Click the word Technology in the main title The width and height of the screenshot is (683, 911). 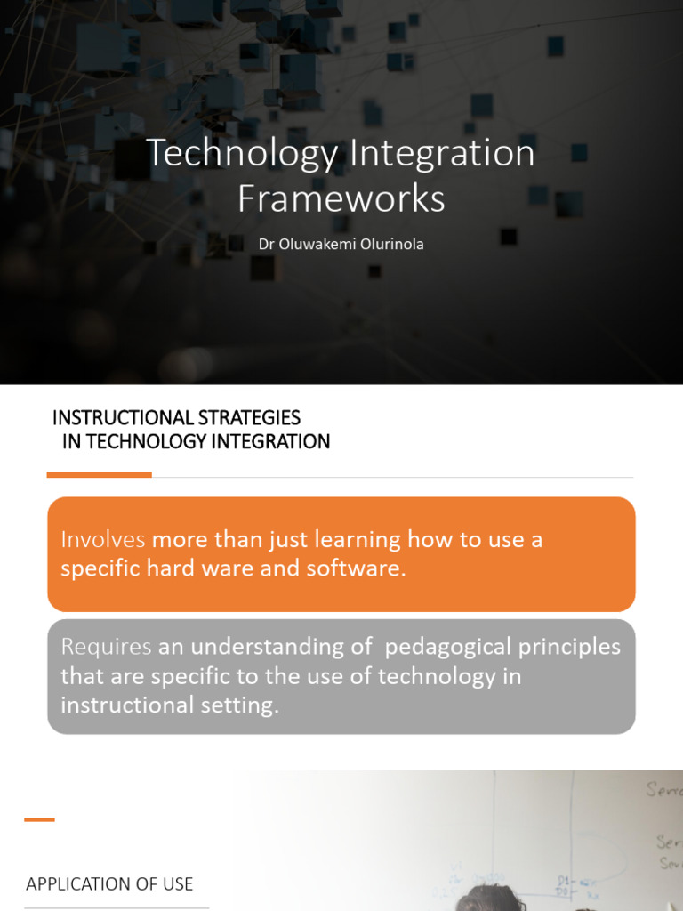tap(242, 153)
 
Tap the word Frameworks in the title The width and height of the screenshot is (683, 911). tap(341, 198)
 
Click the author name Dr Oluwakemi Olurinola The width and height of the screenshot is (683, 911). tap(341, 244)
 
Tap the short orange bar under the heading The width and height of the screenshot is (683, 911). tap(99, 475)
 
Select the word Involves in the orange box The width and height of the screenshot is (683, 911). tap(102, 539)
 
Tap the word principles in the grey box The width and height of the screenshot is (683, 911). tap(569, 647)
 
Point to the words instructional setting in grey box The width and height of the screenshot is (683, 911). tap(170, 705)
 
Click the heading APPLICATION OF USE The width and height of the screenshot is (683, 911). tap(109, 883)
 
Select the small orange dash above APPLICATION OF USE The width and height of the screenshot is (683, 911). tap(39, 819)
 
